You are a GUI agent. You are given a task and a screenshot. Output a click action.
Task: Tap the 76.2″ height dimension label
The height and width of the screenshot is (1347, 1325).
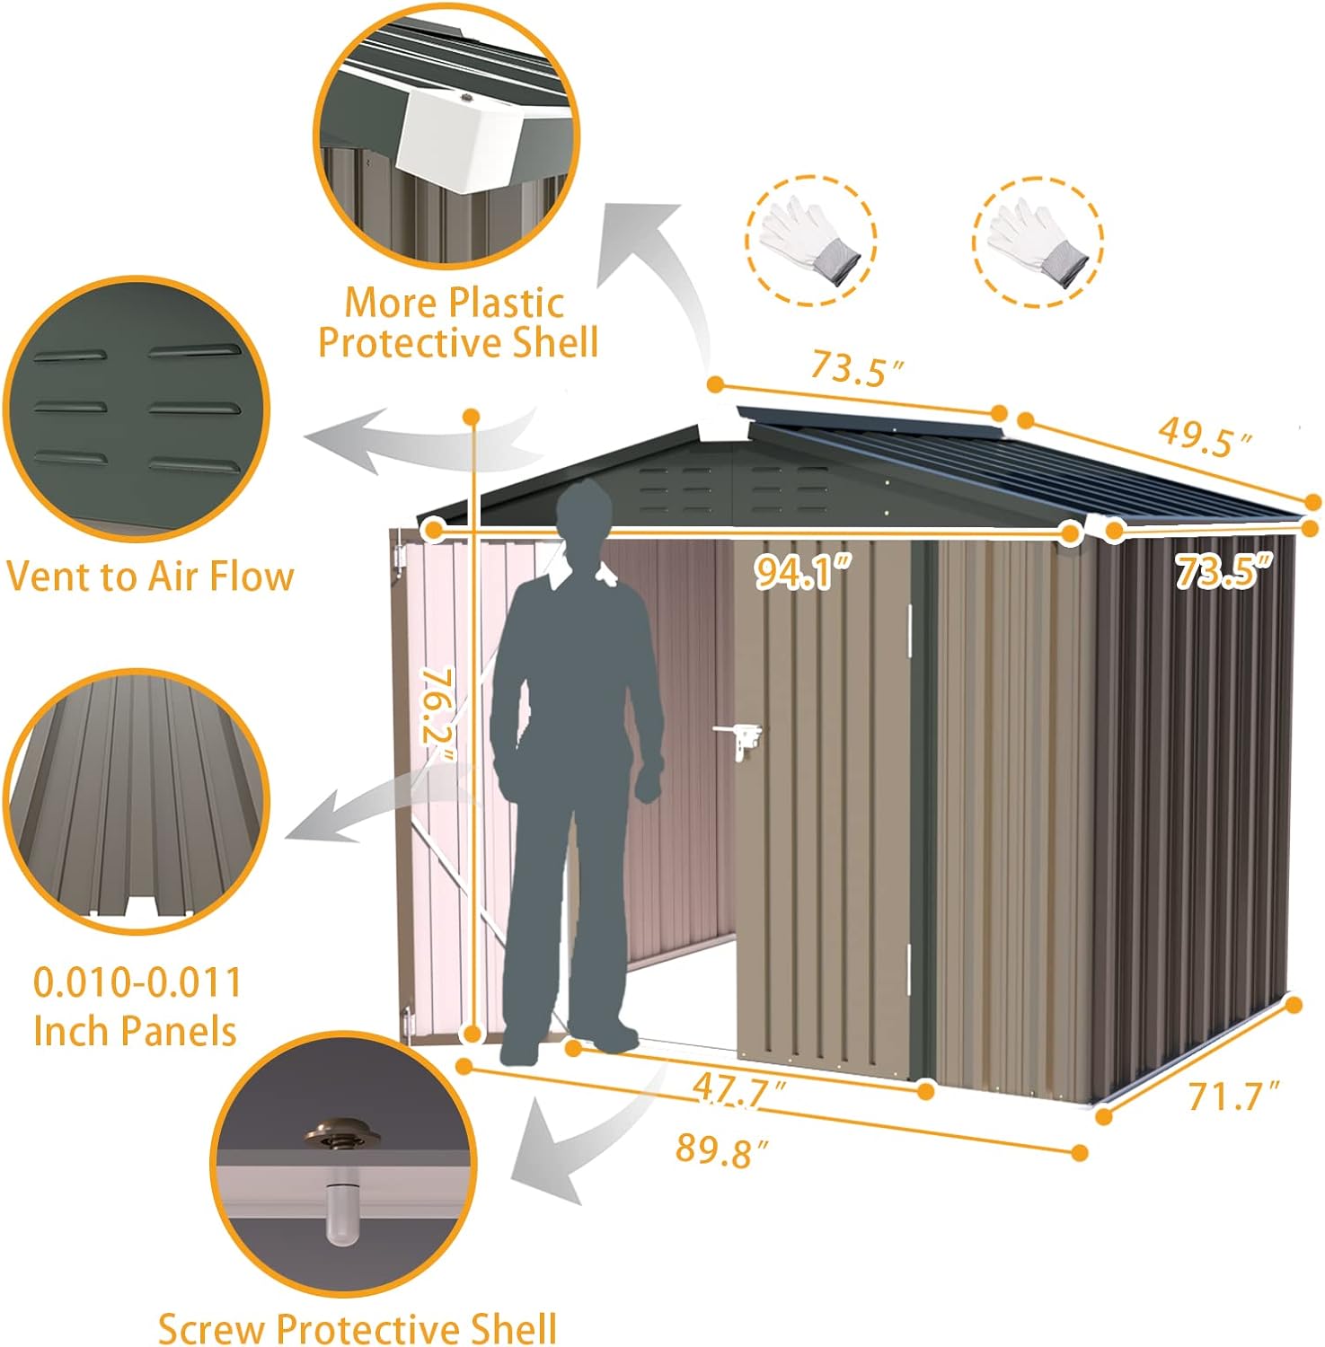439,714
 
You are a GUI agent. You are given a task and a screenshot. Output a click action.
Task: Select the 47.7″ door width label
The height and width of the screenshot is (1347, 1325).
739,1091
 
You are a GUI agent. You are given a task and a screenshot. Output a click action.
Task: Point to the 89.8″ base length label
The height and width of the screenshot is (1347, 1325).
723,1150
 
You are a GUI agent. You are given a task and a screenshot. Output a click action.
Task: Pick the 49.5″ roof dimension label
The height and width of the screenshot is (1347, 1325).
1205,437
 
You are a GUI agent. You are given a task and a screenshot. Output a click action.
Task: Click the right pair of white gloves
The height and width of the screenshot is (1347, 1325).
1038,241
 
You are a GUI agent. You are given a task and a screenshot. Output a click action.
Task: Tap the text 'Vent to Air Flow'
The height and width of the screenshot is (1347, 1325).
150,576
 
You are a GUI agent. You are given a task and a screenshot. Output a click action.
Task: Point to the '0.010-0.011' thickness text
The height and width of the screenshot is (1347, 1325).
137,982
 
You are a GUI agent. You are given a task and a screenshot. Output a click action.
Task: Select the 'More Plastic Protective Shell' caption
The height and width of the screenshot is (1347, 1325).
458,322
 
